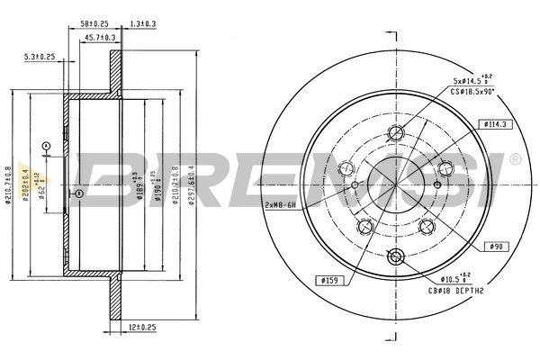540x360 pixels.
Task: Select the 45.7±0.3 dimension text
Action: pyautogui.click(x=100, y=37)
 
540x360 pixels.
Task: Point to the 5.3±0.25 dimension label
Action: pyautogui.click(x=38, y=57)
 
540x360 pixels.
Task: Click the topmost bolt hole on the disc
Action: pyautogui.click(x=396, y=134)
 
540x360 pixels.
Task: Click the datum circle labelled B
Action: pyautogui.click(x=79, y=193)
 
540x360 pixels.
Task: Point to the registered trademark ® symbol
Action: pyautogui.click(x=514, y=159)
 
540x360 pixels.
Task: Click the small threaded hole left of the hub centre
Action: pyautogui.click(x=355, y=186)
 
